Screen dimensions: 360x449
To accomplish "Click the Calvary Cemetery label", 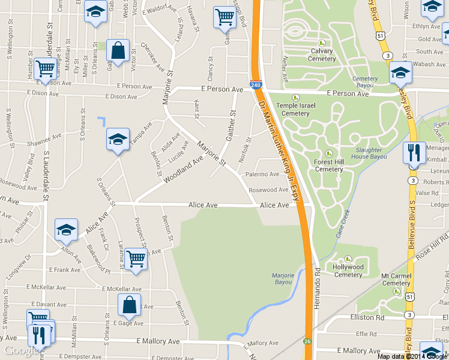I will (322, 55).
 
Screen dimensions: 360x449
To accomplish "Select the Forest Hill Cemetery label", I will (328, 165).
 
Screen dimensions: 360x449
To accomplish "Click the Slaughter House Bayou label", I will (370, 154).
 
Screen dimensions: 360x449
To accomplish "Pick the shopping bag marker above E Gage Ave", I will (129, 305).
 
